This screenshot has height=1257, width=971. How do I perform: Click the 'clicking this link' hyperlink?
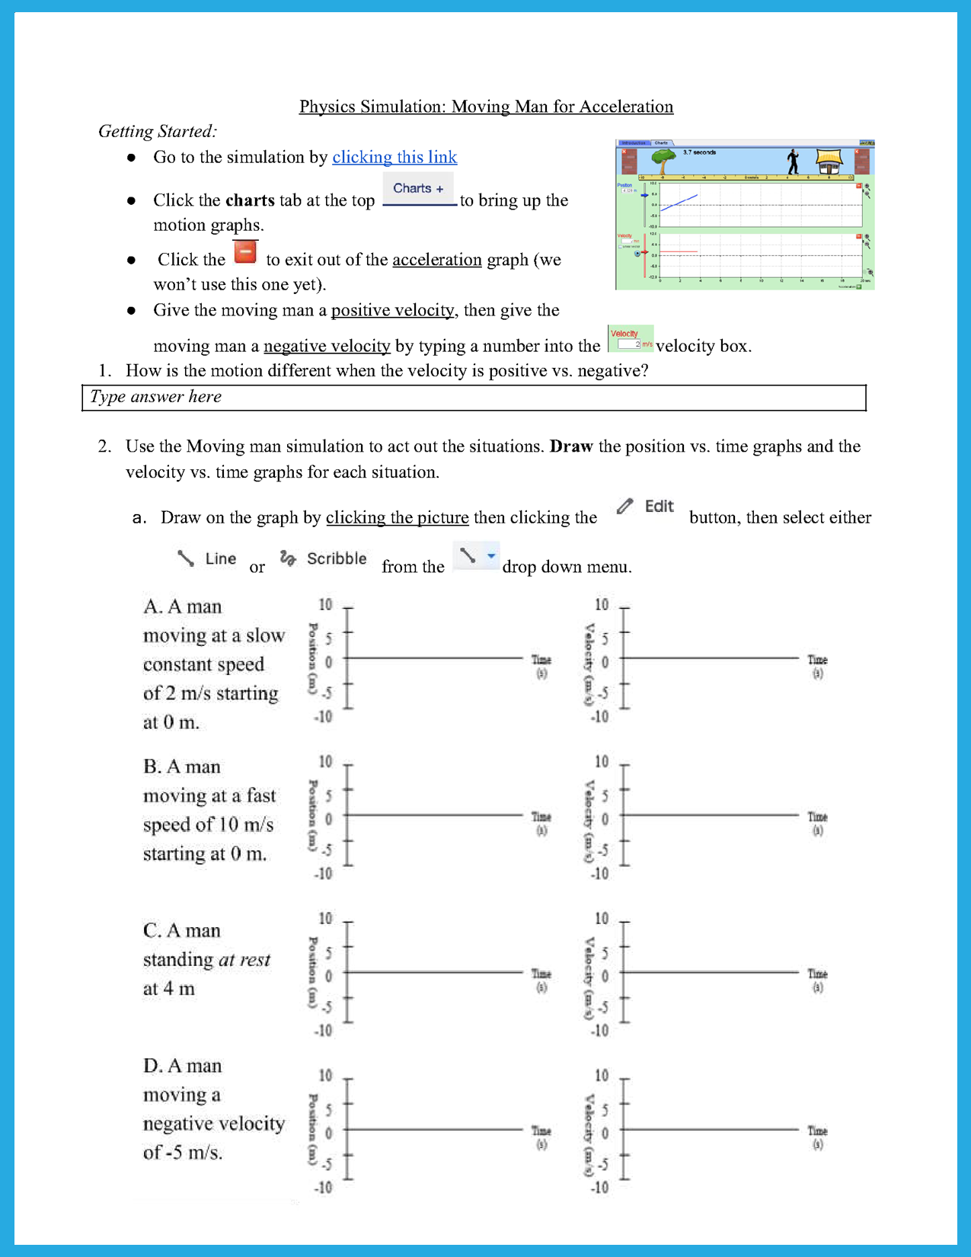click(394, 157)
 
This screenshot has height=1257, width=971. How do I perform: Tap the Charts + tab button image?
click(418, 189)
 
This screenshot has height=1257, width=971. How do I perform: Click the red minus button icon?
click(245, 252)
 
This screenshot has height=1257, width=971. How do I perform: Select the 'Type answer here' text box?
click(474, 398)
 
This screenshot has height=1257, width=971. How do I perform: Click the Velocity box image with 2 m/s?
click(631, 339)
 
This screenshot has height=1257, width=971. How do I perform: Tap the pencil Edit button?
click(646, 507)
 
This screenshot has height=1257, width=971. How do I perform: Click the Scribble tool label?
click(324, 558)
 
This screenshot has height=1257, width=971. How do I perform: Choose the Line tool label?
click(207, 558)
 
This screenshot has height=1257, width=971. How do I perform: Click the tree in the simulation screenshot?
click(664, 162)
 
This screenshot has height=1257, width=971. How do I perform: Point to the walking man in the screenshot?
click(793, 162)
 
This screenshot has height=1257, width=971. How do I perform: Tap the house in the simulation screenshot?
click(829, 162)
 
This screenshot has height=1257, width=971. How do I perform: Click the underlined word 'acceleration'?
click(437, 260)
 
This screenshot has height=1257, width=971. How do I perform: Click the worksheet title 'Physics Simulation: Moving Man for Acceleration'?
click(486, 107)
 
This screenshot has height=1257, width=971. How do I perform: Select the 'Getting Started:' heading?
click(158, 132)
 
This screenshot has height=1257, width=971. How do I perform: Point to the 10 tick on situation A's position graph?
click(326, 605)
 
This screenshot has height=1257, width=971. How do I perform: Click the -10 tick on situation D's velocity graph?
click(600, 1188)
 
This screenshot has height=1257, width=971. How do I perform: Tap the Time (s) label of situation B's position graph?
click(541, 823)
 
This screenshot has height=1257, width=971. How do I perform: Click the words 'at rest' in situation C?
click(244, 960)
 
